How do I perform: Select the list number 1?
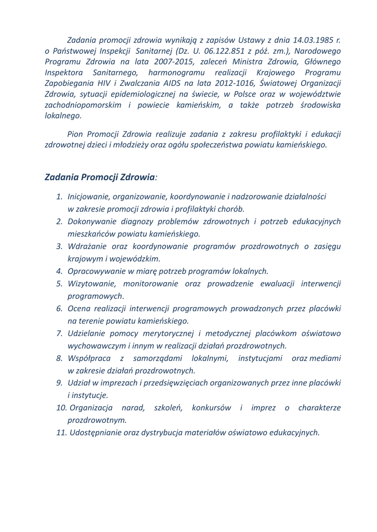[59, 197]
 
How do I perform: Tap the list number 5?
[59, 284]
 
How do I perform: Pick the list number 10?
[62, 408]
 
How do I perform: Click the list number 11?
[62, 432]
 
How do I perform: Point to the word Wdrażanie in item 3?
[87, 246]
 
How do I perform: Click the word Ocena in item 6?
[79, 309]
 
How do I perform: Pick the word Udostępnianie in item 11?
[97, 432]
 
